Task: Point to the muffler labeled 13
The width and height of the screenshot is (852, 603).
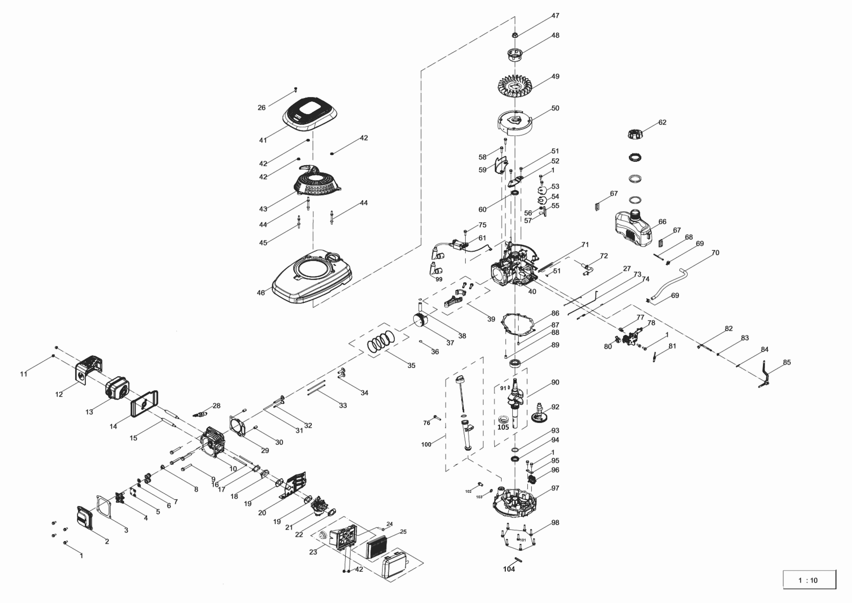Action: [116, 388]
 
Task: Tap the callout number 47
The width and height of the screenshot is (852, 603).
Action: [555, 16]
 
